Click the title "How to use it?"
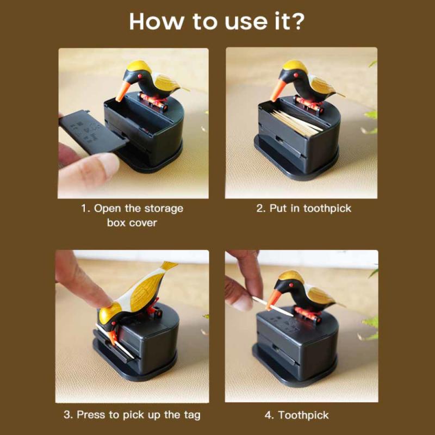(217, 21)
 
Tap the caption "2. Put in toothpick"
(304, 208)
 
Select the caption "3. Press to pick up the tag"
(132, 414)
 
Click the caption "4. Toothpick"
(296, 415)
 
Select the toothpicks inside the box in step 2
(296, 121)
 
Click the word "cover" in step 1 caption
(143, 223)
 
